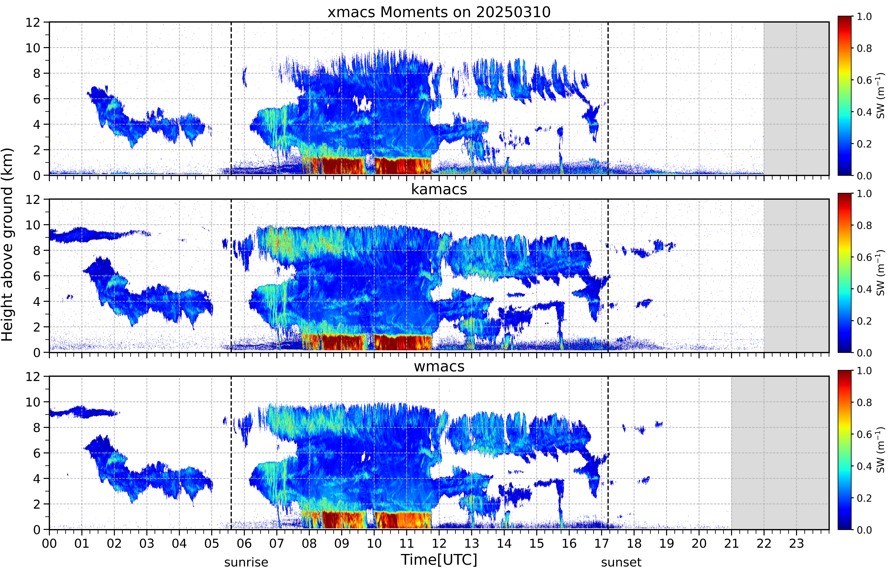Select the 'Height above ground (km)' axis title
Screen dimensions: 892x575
pos(7,245)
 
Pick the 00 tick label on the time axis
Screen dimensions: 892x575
pos(49,543)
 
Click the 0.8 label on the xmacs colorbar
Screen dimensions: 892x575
pos(864,48)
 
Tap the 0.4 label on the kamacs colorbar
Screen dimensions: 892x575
pos(864,289)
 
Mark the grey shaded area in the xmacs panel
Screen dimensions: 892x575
pos(796,99)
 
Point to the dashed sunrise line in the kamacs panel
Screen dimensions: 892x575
pos(231,276)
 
